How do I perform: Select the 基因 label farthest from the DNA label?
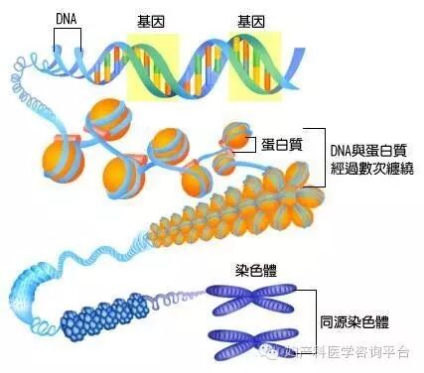[251, 21]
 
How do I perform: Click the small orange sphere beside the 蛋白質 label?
[234, 133]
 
